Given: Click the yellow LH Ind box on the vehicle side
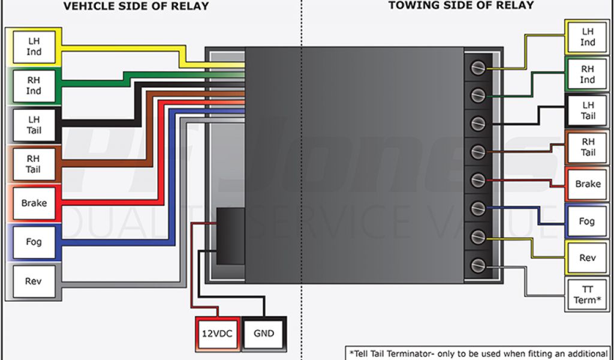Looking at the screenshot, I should click(x=34, y=47).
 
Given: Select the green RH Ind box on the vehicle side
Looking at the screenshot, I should click(x=34, y=85).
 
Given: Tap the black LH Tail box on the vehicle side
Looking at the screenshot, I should click(x=34, y=125).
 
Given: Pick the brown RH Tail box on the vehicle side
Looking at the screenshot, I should click(x=34, y=164).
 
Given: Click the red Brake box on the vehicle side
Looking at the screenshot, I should click(x=34, y=203).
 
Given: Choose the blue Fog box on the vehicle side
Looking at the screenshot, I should click(x=34, y=242).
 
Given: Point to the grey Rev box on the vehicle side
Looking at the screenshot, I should click(x=34, y=281).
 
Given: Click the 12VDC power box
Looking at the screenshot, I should click(x=216, y=333).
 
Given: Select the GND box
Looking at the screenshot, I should click(x=264, y=333).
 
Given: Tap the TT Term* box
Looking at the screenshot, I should click(x=588, y=295).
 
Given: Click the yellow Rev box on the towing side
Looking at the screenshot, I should click(x=588, y=258).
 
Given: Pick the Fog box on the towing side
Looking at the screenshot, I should click(x=588, y=221).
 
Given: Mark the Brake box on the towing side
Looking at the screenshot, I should click(x=588, y=184).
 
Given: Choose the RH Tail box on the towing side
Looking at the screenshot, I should click(x=588, y=147).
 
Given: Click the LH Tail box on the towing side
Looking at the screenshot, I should click(x=588, y=110).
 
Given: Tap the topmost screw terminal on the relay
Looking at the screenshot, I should click(x=478, y=68).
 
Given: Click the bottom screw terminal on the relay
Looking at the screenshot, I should click(x=478, y=265).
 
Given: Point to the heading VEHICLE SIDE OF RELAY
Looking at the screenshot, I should click(x=136, y=7).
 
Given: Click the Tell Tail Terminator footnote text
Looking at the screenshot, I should click(x=478, y=353).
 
